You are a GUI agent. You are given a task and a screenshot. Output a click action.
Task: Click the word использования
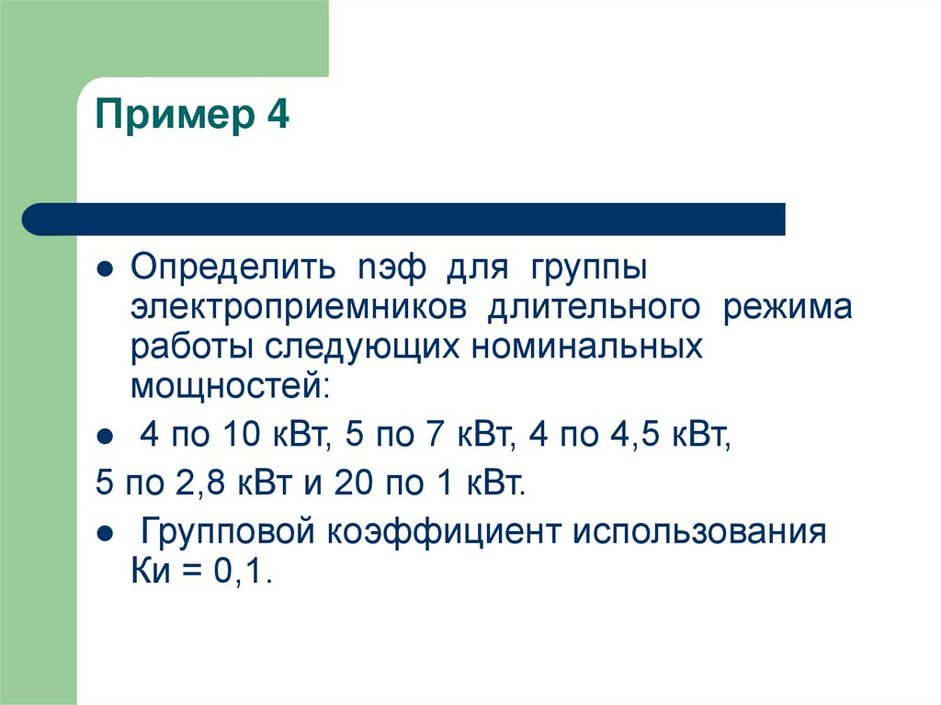coord(700,534)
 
